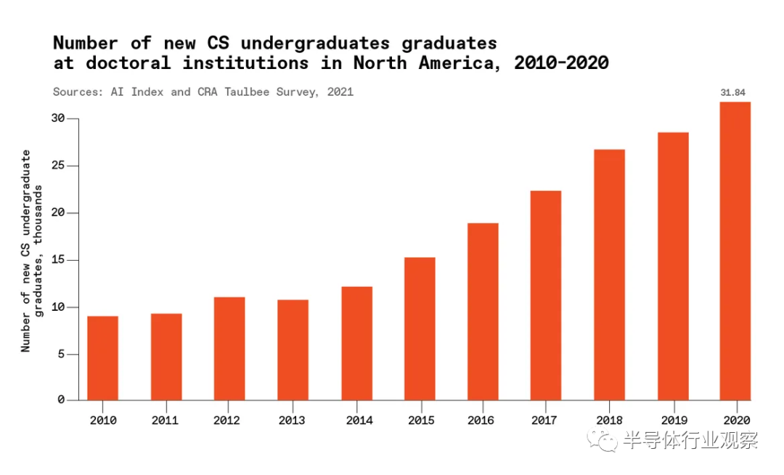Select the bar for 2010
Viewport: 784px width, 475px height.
click(102, 358)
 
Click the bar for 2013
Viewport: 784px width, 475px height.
click(293, 349)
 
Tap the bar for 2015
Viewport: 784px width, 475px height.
click(420, 328)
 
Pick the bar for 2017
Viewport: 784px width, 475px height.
click(545, 295)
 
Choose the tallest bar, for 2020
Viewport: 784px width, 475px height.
click(735, 251)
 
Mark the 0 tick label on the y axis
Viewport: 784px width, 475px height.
click(62, 400)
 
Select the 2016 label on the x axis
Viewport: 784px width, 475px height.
click(482, 421)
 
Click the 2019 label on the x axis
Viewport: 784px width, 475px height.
click(672, 421)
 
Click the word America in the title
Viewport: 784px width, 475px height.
click(462, 63)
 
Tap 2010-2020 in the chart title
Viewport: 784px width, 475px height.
click(560, 63)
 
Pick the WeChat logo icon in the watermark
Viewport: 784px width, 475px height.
click(603, 440)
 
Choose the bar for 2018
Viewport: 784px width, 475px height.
click(609, 275)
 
